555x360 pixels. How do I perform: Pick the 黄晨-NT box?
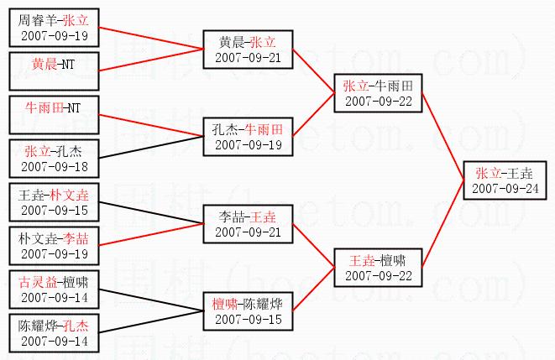53,64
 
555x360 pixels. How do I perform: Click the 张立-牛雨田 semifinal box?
377,92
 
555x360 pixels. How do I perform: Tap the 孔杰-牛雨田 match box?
247,137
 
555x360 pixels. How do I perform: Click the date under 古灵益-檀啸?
53,295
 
